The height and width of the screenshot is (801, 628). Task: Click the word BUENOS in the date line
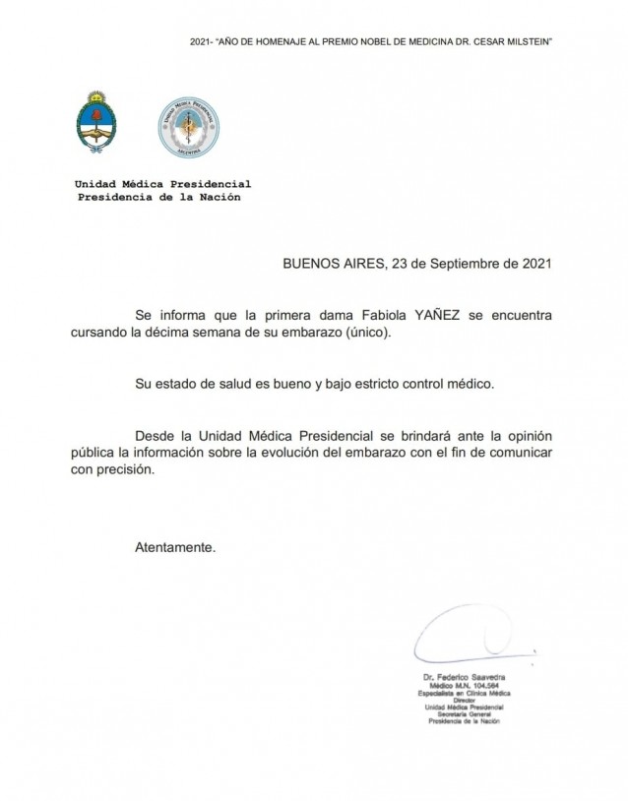[x=309, y=264]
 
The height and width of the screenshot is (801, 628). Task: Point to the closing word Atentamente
[x=174, y=544]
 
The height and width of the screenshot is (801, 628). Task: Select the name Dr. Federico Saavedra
[x=463, y=680]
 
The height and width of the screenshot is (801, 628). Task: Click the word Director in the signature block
[x=463, y=701]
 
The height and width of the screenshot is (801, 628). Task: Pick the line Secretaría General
[x=463, y=714]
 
